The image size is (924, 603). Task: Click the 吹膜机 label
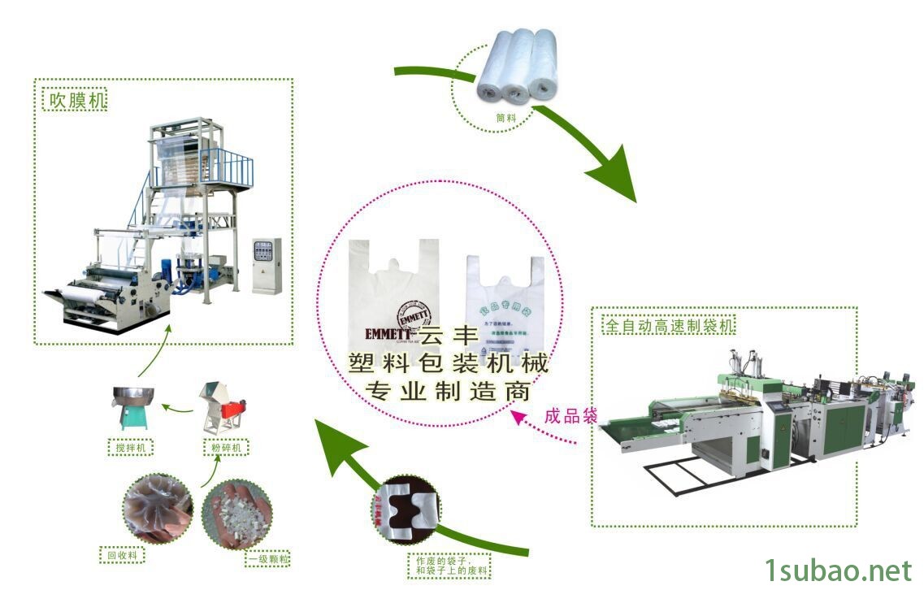74,101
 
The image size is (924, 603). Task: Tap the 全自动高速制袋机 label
668,327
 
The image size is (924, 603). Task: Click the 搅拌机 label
131,447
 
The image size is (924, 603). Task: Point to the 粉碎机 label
225,447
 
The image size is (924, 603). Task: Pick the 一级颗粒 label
268,559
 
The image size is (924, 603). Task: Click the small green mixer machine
131,406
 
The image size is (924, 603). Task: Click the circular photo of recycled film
158,509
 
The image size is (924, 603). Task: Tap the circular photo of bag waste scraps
406,510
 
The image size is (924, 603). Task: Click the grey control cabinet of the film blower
266,266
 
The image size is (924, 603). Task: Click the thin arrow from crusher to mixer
176,404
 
